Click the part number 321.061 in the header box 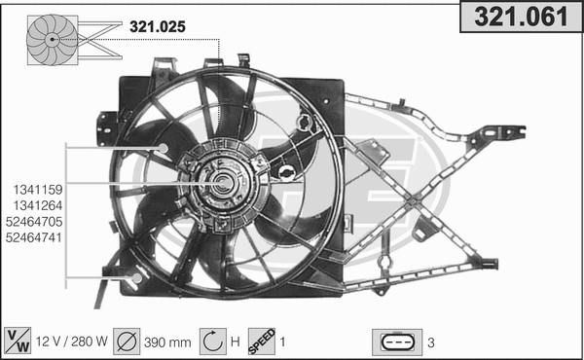(520, 17)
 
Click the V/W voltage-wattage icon (18, 341)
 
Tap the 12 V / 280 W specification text (70, 342)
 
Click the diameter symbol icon (127, 341)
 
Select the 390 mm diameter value (168, 342)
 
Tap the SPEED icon (261, 341)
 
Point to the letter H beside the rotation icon (235, 342)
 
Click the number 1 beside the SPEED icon (283, 342)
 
